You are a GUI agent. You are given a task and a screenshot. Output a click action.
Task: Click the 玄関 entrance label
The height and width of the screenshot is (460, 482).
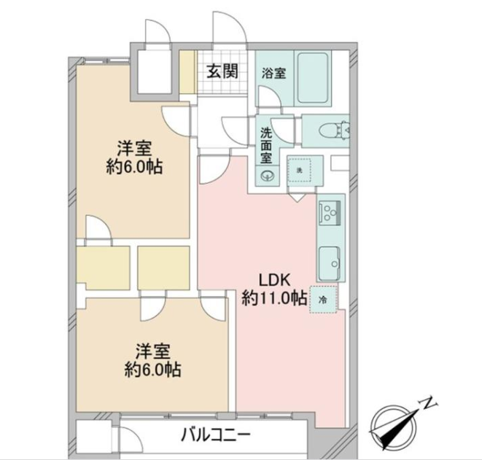[222, 71]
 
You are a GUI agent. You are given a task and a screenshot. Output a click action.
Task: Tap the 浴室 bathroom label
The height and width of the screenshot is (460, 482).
[273, 74]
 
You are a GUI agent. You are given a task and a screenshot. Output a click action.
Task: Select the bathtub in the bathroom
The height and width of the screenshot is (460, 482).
[313, 78]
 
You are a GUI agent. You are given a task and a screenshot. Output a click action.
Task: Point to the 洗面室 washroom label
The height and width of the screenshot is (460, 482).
[266, 145]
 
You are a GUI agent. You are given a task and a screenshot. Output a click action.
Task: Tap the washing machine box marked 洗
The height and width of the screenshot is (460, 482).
[299, 170]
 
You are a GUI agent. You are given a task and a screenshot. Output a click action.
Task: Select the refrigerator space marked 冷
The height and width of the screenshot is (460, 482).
[323, 300]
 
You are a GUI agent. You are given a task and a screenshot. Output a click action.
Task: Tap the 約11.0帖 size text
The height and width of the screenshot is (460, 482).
[274, 298]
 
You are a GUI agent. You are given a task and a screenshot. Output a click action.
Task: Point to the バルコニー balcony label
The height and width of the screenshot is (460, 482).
[216, 435]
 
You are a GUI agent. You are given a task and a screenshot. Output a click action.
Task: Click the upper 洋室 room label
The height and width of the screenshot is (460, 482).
[134, 149]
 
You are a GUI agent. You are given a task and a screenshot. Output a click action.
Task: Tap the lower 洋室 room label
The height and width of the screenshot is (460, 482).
[153, 352]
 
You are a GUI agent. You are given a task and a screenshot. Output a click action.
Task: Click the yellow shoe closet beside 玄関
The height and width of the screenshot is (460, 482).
[187, 71]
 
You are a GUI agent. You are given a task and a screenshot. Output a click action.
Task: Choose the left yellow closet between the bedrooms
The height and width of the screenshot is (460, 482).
[103, 268]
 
